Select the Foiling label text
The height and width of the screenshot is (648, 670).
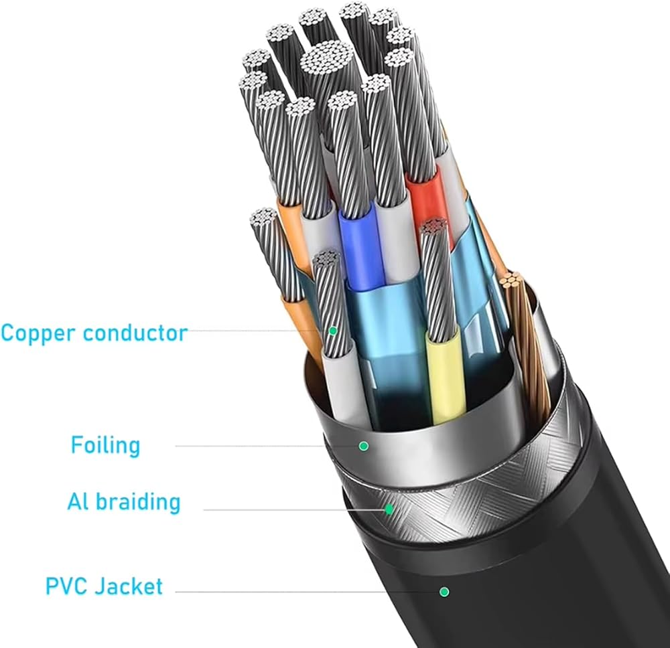coord(106,445)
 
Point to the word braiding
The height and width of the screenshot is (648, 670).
coord(138,502)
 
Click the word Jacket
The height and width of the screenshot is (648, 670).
coord(129,586)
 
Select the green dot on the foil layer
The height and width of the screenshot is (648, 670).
coord(364,446)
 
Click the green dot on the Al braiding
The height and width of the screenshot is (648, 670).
coord(389,509)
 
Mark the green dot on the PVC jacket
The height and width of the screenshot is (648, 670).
coord(444,592)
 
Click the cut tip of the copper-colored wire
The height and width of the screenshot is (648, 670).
coord(511,280)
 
